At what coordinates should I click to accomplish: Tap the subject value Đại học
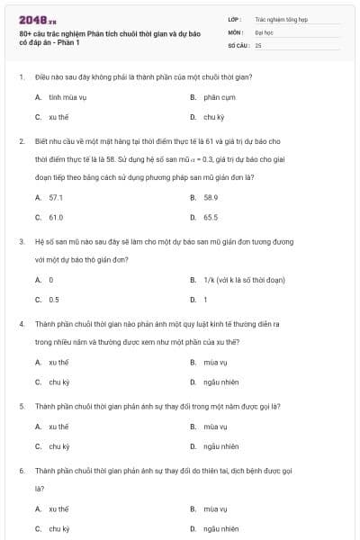coord(263,31)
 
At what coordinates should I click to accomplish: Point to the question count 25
coord(258,44)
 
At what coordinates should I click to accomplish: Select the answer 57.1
coord(56,196)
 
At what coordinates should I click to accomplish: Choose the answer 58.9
coord(211,196)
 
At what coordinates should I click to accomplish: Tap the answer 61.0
coord(56,217)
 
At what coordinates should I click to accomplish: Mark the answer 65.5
coord(211,217)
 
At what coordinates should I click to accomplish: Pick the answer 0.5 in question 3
coord(54,300)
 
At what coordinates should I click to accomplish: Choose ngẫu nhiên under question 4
coord(220,382)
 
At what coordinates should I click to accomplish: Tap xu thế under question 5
coord(58,426)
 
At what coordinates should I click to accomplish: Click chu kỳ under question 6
coord(58,529)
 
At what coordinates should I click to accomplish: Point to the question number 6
coord(21,470)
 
